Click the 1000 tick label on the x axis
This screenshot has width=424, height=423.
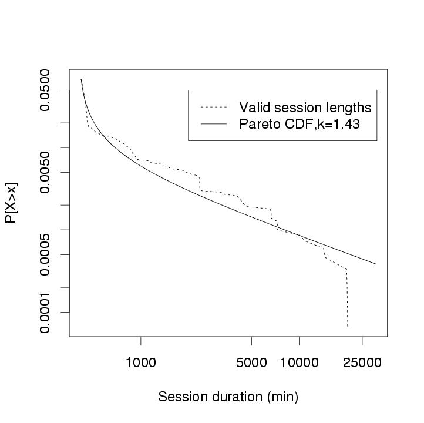click(141, 363)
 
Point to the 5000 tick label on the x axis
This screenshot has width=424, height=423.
click(251, 363)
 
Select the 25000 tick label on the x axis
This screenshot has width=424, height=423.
click(362, 363)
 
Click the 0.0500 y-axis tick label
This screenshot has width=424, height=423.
click(45, 90)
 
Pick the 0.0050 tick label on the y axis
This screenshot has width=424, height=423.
click(45, 172)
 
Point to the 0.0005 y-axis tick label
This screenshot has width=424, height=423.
click(45, 254)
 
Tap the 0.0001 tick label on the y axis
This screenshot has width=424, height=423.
click(45, 312)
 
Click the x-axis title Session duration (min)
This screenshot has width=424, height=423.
click(228, 397)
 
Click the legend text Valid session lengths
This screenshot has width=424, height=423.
click(305, 108)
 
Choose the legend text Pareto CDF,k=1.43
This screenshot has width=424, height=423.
click(299, 124)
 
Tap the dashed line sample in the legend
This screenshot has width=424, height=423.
click(214, 108)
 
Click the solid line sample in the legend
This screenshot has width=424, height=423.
click(214, 124)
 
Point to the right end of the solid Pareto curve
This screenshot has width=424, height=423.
click(375, 264)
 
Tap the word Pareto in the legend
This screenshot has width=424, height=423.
click(258, 124)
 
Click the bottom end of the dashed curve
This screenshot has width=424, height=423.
click(347, 327)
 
